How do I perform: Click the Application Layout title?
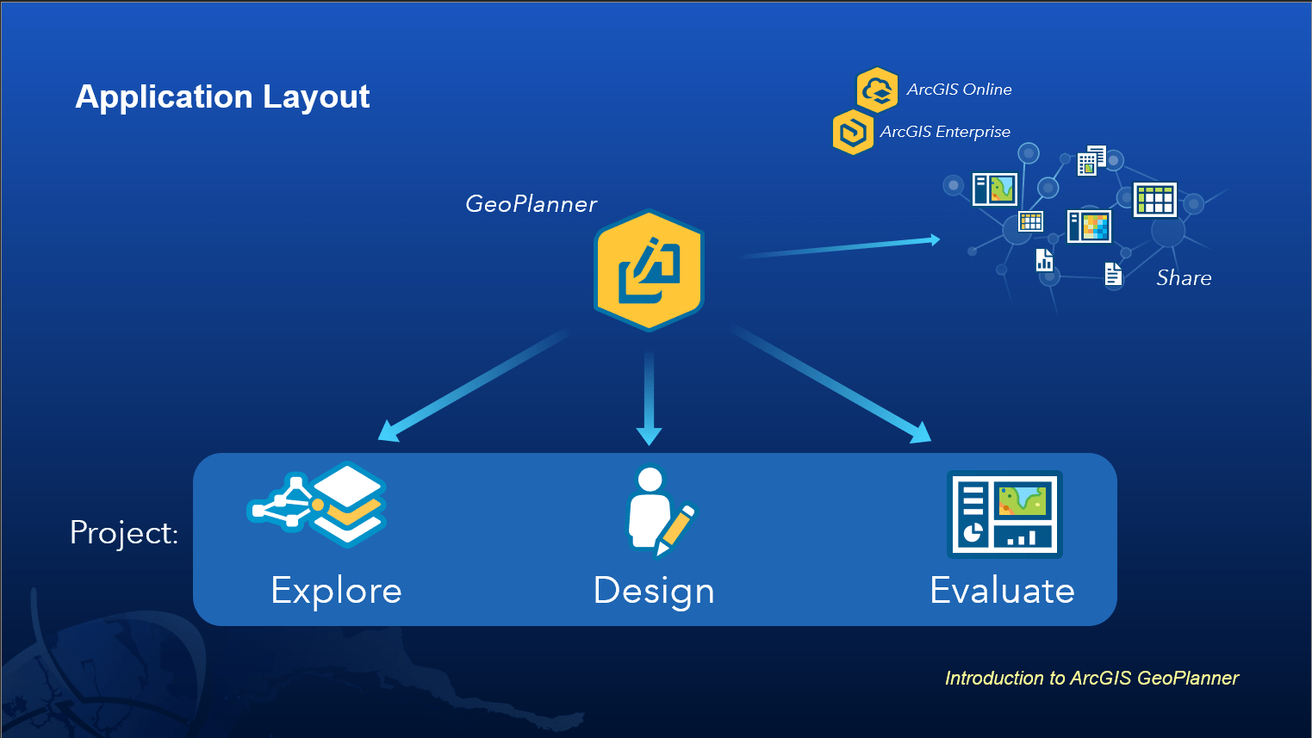coord(222,96)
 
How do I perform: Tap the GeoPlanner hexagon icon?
coord(649,270)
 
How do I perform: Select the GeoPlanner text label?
coord(531,204)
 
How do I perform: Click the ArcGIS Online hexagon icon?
coord(877,90)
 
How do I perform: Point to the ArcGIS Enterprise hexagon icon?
coord(854,132)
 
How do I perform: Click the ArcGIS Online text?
coord(959,90)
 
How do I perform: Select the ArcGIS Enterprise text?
coord(945,132)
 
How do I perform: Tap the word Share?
coord(1184,278)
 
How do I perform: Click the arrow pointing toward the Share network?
coord(840,248)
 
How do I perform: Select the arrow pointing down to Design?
coord(649,396)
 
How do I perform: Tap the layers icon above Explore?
coord(318,505)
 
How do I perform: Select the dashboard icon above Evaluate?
coord(1004,514)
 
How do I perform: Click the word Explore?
coord(336,591)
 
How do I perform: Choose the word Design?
coord(654,592)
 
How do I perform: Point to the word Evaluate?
coord(1002,591)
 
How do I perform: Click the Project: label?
coord(124,533)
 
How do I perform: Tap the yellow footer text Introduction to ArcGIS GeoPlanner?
coord(1091,679)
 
